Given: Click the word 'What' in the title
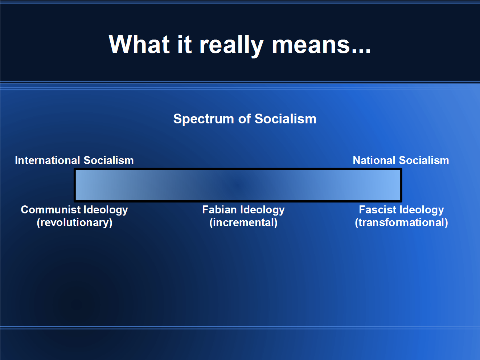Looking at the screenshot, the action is (139, 44).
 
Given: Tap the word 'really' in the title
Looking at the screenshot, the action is (231, 46).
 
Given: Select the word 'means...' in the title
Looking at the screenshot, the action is (321, 46).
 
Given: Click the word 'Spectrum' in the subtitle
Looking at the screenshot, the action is (204, 119).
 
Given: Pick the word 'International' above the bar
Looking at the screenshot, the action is (48, 160).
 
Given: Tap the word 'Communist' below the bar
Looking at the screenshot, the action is (51, 210).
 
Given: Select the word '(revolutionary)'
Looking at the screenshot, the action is (75, 223).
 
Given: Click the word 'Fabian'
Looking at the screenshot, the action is (220, 210).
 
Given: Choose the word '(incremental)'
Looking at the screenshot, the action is (243, 223).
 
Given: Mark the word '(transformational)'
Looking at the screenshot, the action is (402, 223).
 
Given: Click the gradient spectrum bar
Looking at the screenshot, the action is (238, 185).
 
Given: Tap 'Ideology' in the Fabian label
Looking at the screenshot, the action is (262, 210).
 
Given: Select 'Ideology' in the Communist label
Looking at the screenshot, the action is (106, 210).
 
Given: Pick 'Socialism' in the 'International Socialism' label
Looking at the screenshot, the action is (109, 160).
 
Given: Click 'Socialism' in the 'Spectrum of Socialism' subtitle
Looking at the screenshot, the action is (286, 119).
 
